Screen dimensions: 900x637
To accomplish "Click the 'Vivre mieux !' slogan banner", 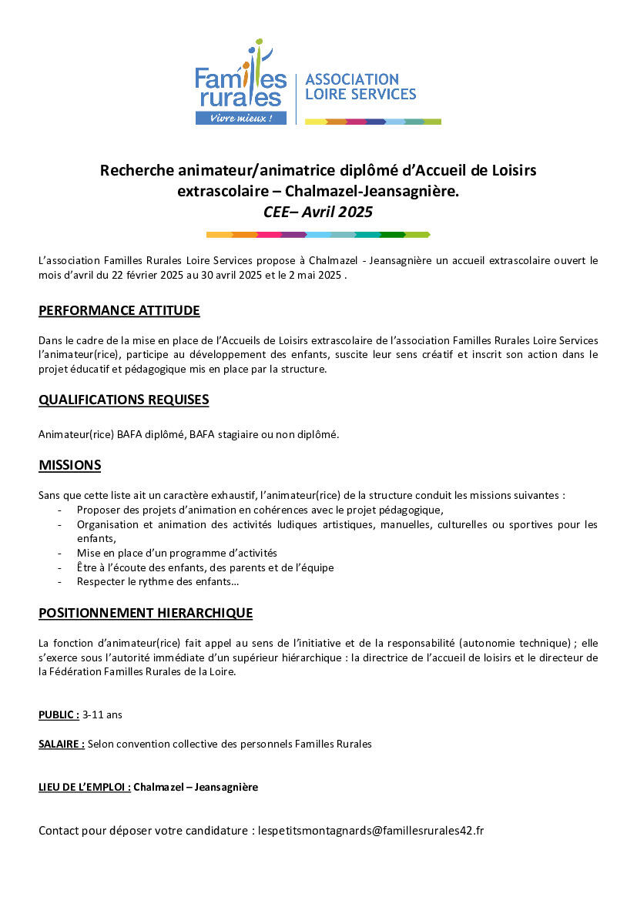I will coord(241,119).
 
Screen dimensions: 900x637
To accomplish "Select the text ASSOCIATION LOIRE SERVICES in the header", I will coord(360,86).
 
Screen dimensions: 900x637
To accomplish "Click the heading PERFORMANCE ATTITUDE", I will coord(119,310).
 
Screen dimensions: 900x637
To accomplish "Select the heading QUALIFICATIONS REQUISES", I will coord(124,400).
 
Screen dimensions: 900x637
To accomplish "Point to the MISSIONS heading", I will coord(70,465).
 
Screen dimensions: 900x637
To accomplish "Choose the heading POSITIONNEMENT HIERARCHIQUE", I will coord(146,613).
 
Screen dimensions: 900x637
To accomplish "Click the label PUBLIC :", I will coord(59,714).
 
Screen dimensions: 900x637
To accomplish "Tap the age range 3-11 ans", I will coord(102,714).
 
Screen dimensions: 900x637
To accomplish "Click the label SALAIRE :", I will coord(62,744).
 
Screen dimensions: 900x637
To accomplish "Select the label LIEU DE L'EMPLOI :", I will coord(85,787).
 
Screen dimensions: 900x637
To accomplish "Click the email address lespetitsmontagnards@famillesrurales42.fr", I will coord(371,831).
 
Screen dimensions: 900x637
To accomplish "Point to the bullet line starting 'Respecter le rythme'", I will coord(158,581).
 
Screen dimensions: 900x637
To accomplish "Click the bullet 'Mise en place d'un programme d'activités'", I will coord(176,553).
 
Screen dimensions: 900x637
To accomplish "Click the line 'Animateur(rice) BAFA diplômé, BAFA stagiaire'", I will coord(189,434).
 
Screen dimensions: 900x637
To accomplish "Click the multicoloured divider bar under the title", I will coord(318,234).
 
